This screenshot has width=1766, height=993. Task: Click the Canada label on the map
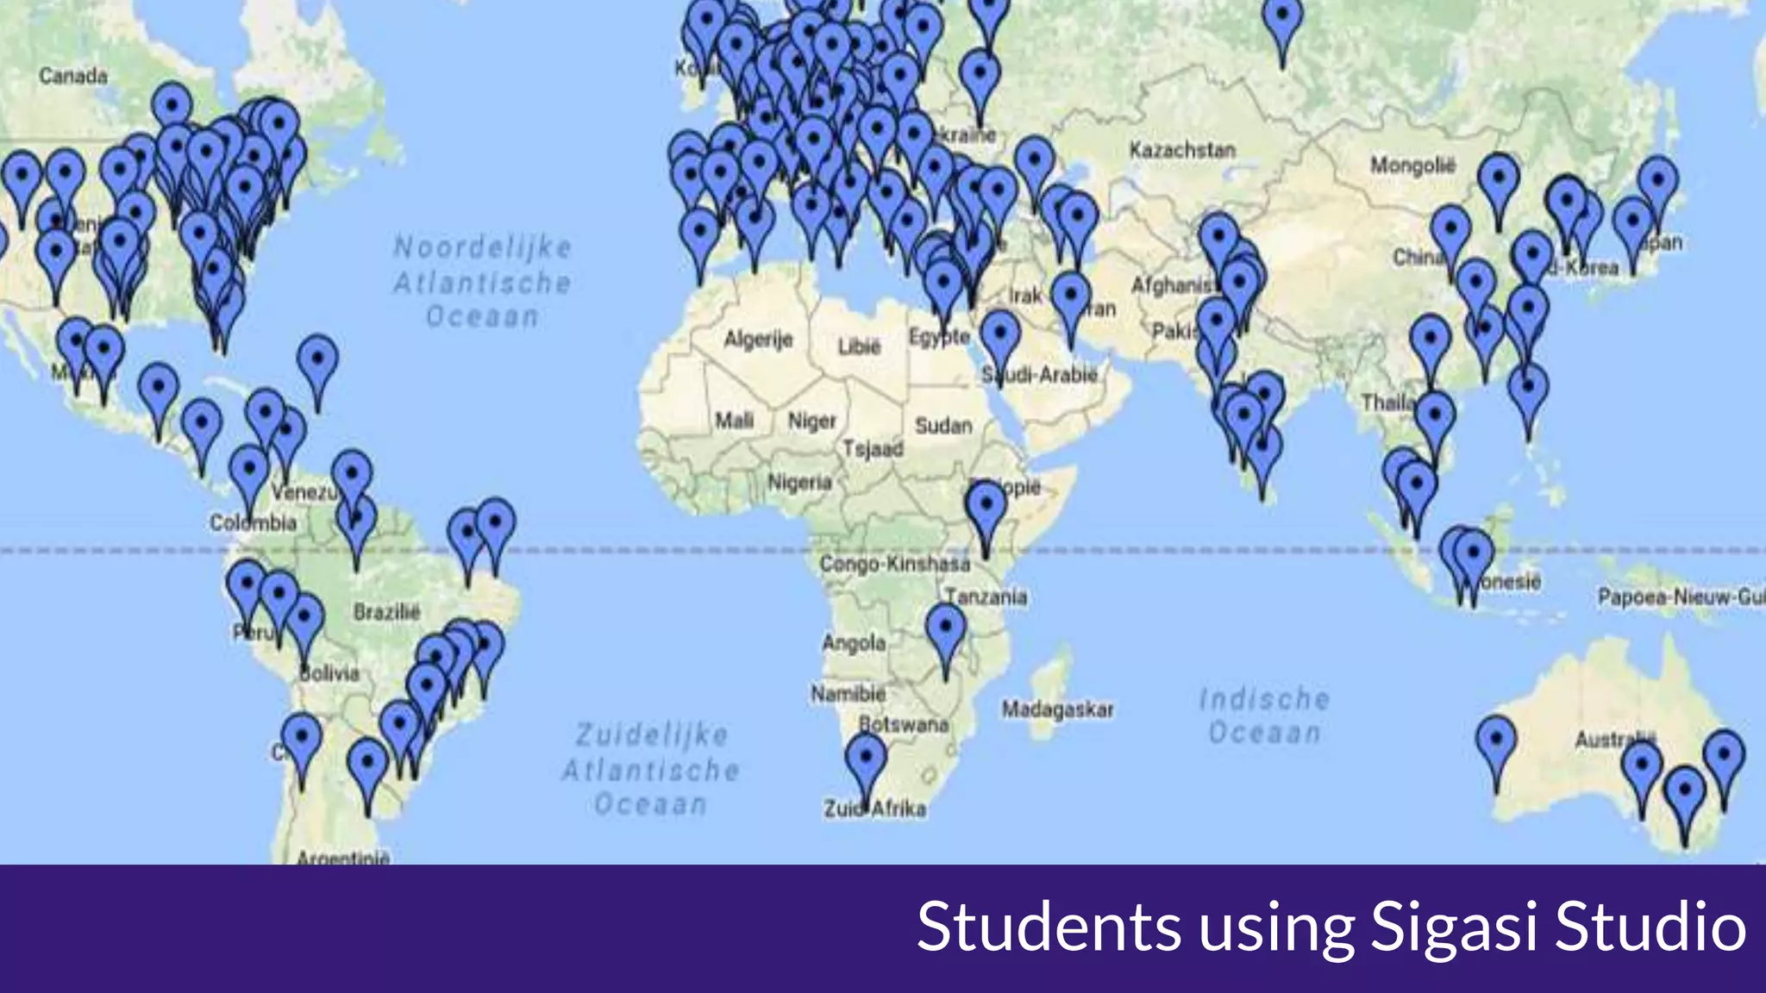[x=73, y=76]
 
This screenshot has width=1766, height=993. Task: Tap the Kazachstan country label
[x=1182, y=150]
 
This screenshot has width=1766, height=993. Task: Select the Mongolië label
[x=1412, y=164]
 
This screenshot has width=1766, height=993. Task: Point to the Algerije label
[x=758, y=339]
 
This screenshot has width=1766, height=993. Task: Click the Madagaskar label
[x=1057, y=709]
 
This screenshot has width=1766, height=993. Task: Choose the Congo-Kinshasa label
[x=894, y=564]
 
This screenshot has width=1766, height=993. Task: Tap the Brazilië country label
[x=387, y=612]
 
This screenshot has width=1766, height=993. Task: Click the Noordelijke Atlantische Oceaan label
[x=482, y=282]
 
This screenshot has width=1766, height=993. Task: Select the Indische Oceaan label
[x=1264, y=715]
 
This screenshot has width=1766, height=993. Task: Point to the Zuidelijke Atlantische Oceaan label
[x=651, y=770]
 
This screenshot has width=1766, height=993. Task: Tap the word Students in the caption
[x=1049, y=927]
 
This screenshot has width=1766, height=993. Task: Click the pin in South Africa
[x=866, y=759]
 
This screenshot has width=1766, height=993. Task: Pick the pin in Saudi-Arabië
[x=999, y=334]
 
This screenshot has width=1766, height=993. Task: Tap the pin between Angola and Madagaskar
[x=945, y=628]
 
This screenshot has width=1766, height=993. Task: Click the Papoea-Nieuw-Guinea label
[x=1680, y=596]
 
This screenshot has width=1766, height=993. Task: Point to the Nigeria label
[x=799, y=482]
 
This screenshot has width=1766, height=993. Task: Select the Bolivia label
[x=329, y=673]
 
